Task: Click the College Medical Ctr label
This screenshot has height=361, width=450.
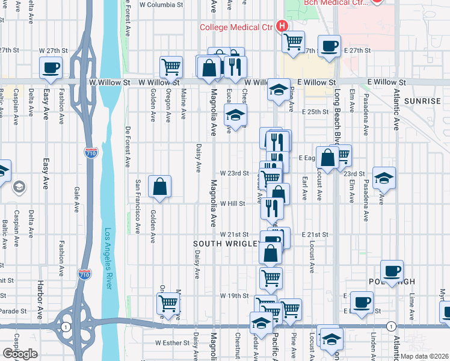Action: [x=237, y=26]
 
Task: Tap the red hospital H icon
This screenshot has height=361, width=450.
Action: [x=281, y=26]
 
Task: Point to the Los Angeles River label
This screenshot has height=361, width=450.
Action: [x=108, y=259]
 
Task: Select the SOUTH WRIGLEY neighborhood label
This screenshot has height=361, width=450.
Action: [x=226, y=244]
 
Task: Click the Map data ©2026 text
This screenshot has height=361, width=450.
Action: [x=424, y=356]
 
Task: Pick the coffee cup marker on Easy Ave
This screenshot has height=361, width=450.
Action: [x=51, y=67]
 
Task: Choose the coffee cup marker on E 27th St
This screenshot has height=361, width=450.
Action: [x=329, y=46]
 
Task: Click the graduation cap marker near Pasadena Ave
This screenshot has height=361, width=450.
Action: [x=384, y=178]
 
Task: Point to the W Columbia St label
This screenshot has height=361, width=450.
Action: [x=161, y=5]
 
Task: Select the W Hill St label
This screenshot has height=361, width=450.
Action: [x=232, y=203]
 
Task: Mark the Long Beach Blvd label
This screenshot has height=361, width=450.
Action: [x=337, y=115]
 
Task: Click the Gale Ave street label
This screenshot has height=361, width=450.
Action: [x=77, y=199]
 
